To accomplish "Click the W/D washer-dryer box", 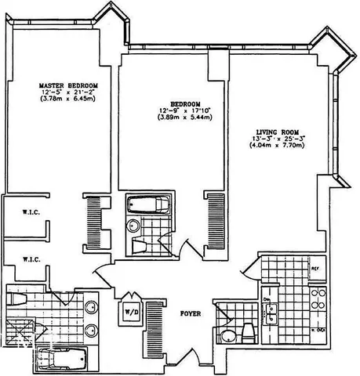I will [x=129, y=313].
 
